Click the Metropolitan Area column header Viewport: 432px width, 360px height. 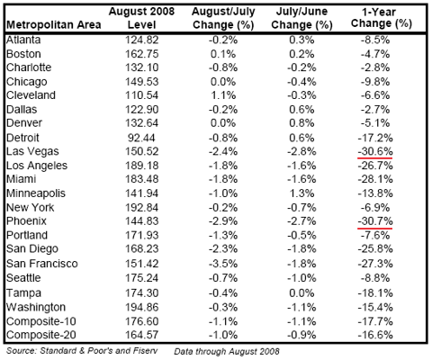click(54, 24)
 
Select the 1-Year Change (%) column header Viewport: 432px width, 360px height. click(381, 18)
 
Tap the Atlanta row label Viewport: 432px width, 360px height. click(23, 40)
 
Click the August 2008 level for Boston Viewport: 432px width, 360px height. click(141, 54)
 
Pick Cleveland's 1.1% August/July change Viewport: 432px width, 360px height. click(223, 95)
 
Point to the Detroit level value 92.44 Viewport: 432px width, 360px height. click(141, 138)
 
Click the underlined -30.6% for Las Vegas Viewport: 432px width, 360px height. click(375, 151)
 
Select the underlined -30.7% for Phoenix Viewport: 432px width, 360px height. click(375, 221)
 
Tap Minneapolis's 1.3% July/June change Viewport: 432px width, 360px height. click(301, 193)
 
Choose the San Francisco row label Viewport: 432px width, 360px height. click(42, 264)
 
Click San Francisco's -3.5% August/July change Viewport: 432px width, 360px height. click(223, 264)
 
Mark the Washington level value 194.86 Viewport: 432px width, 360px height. click(141, 307)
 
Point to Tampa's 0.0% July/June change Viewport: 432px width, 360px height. click(301, 293)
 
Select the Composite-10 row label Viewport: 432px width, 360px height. click(41, 321)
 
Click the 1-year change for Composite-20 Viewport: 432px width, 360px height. click(375, 335)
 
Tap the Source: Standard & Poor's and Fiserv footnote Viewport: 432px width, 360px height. click(82, 351)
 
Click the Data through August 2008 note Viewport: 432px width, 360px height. click(227, 351)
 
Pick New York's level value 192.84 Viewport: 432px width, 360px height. click(141, 208)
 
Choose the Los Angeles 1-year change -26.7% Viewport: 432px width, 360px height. click(375, 166)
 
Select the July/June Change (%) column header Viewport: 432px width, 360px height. click(301, 18)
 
